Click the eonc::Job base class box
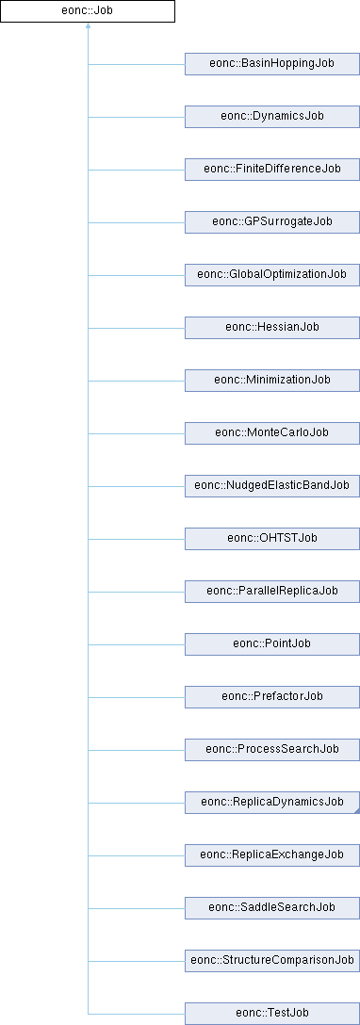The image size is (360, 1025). pos(88,11)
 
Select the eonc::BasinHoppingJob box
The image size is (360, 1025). pos(272,64)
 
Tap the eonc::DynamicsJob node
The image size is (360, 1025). pos(272,117)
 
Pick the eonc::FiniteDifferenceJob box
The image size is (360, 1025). pos(272,170)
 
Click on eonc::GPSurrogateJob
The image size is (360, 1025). pos(272,221)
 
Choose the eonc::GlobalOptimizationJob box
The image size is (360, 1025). pos(272,274)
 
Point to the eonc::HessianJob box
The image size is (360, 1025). pos(272,327)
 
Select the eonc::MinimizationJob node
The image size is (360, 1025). pos(272,380)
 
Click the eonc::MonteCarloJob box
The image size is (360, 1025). pos(272,432)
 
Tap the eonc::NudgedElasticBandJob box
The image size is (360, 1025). pos(272,485)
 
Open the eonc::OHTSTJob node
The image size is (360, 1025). pos(272,537)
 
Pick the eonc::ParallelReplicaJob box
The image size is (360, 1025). pos(272,591)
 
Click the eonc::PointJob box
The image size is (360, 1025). pos(272,643)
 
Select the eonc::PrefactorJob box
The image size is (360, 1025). pos(272,695)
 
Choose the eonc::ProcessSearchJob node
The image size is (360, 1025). pos(272,748)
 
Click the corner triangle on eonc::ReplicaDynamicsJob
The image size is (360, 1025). pos(357,810)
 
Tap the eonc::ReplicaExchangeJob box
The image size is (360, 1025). pos(272,854)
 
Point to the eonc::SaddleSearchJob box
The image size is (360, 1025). pos(272,906)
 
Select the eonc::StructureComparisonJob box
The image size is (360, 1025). pos(272,959)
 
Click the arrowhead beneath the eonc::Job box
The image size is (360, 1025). pos(88,26)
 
